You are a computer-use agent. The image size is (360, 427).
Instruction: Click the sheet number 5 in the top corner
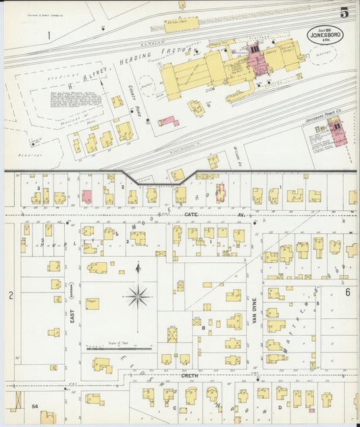click(x=344, y=12)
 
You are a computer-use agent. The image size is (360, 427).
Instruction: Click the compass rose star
click(x=138, y=295)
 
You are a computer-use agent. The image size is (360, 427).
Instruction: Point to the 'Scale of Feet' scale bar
click(x=119, y=349)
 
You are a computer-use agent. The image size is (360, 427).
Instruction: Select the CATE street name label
click(x=190, y=214)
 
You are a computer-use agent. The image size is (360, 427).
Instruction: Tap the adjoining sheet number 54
click(x=34, y=407)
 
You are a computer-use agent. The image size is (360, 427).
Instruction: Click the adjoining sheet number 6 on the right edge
click(x=348, y=292)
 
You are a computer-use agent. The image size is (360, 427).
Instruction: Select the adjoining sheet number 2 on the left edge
click(x=11, y=295)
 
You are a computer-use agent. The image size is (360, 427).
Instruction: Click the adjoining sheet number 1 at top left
click(x=49, y=34)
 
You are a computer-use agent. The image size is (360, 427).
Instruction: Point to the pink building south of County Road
click(x=168, y=122)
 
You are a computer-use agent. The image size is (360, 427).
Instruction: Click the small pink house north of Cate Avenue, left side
click(x=86, y=197)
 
